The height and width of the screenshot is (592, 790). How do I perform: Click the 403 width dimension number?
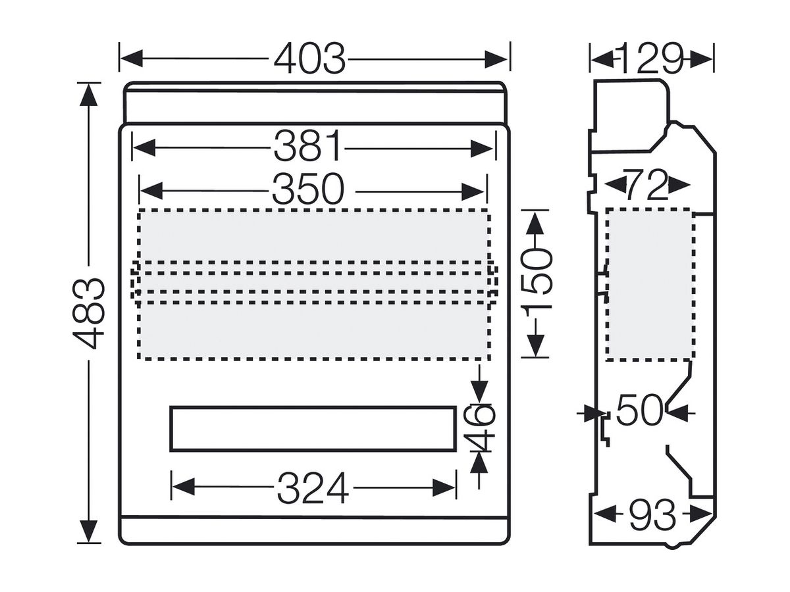tap(309, 59)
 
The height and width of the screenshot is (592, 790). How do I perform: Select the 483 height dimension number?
tap(88, 313)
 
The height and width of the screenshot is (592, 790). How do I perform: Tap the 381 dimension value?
tap(307, 145)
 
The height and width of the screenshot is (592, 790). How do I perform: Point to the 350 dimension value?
tap(308, 189)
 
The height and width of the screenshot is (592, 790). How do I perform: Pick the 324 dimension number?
tap(313, 488)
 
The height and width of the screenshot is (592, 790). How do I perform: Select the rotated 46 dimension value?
tap(479, 427)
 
